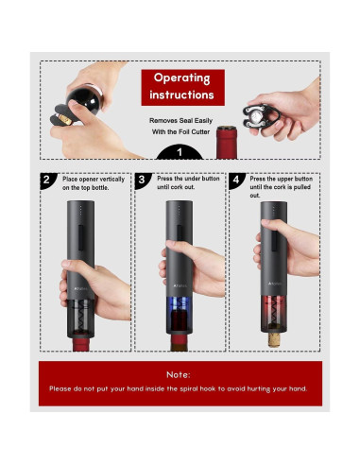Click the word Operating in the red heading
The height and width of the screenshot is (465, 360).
(x=181, y=77)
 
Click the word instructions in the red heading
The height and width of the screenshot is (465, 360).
(x=181, y=95)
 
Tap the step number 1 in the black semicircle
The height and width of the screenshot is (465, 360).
(x=180, y=152)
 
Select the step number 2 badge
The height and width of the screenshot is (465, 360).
(x=46, y=180)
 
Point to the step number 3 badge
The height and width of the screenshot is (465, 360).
(x=142, y=180)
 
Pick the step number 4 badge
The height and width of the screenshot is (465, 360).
(x=236, y=180)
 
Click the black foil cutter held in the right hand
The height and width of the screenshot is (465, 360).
(x=261, y=116)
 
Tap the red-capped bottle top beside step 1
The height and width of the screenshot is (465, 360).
(x=227, y=143)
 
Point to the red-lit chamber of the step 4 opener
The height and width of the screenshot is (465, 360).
(x=274, y=313)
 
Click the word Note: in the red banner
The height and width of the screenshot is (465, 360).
(x=179, y=375)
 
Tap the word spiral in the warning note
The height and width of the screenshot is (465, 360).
(x=188, y=388)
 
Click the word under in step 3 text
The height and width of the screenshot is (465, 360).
(x=193, y=179)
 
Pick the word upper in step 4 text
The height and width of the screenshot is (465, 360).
(x=285, y=179)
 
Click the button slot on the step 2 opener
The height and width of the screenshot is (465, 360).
(x=81, y=238)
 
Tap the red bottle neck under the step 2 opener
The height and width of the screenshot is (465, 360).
(x=81, y=344)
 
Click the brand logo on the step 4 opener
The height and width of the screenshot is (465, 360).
(x=275, y=284)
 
